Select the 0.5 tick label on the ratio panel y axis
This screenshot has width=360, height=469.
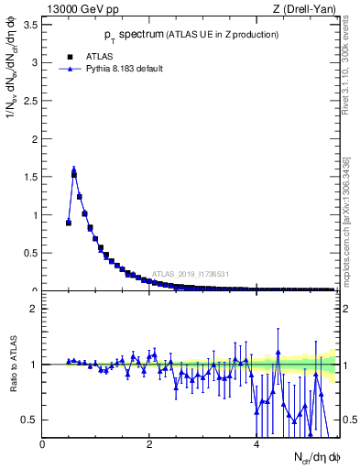pyautogui.click(x=31, y=420)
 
